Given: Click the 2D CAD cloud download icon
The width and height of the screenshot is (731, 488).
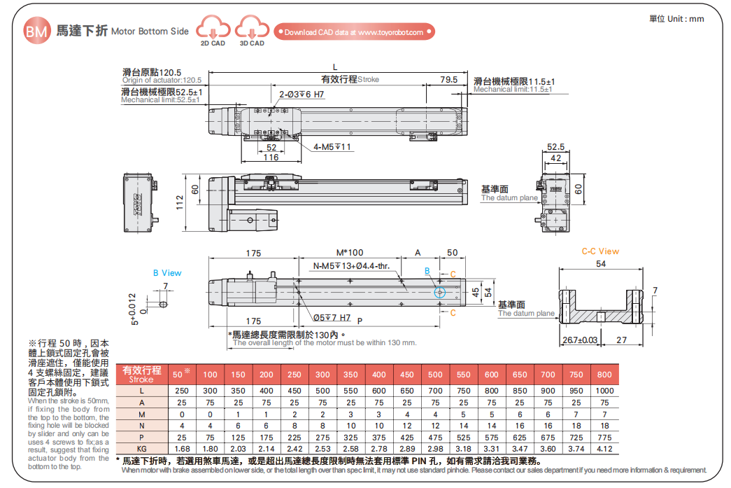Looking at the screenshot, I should (213, 29).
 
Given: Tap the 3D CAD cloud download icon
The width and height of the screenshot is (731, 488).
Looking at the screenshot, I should (251, 29).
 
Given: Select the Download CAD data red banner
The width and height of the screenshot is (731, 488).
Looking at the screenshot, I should (355, 32).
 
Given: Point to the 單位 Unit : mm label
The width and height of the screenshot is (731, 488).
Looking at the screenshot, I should (676, 19).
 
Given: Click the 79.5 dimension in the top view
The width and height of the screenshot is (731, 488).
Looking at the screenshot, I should (448, 80).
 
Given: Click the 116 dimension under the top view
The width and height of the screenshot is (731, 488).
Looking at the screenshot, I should (271, 158).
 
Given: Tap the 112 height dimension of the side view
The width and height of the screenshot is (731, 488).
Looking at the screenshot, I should (179, 202).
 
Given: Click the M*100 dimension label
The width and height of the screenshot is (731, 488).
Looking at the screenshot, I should (350, 252).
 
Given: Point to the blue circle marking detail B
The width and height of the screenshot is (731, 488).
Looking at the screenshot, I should (439, 292).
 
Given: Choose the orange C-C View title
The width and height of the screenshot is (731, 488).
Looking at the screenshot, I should (600, 251).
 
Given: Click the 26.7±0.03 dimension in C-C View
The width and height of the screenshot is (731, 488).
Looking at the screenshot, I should (580, 340).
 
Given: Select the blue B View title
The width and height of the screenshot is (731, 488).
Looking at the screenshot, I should (167, 272).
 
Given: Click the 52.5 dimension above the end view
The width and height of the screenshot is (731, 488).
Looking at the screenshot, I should (555, 147).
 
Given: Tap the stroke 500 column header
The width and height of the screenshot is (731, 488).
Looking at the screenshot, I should (435, 375).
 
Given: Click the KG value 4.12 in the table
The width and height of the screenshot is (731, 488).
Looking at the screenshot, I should (604, 448).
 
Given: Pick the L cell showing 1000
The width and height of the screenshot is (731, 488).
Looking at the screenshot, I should (604, 390).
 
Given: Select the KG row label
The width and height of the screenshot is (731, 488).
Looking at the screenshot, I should (141, 448).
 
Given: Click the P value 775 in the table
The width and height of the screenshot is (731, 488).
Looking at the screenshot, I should (604, 436).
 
